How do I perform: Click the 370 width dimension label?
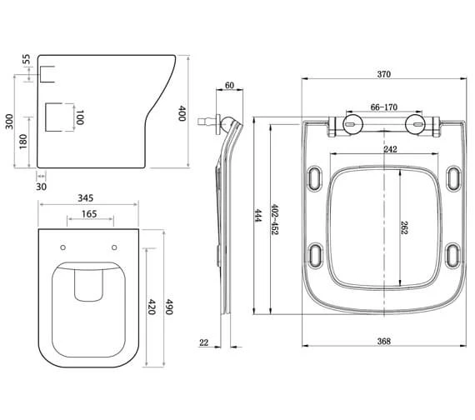(x=382, y=74)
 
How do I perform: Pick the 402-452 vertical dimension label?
(x=274, y=220)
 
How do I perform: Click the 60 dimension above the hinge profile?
(x=230, y=85)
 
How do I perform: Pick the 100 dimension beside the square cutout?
(x=81, y=117)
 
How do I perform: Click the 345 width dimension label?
(x=86, y=200)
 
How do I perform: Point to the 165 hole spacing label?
(x=87, y=215)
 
